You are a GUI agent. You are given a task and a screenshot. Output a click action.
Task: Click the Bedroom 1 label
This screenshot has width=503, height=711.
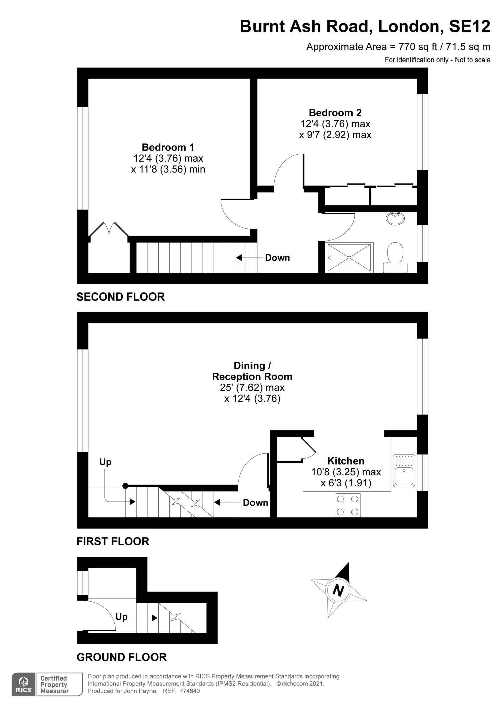(x=168, y=147)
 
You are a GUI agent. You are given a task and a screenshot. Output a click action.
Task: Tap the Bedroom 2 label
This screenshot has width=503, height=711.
(x=335, y=113)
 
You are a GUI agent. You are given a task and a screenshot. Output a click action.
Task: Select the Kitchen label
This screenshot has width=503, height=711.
(x=346, y=461)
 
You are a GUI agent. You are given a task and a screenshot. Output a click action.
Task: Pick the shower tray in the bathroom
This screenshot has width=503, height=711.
(x=349, y=257)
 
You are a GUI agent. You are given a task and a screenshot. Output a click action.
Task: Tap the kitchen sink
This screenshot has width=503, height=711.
(x=404, y=470)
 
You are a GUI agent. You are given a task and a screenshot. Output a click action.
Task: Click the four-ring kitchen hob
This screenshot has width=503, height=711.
(x=348, y=505)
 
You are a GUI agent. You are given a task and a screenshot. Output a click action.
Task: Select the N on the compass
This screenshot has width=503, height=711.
(x=338, y=590)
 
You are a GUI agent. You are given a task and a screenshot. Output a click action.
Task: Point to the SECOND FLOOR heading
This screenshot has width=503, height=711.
(x=120, y=297)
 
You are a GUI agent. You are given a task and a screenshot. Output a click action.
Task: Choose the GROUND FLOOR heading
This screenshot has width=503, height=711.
(x=121, y=657)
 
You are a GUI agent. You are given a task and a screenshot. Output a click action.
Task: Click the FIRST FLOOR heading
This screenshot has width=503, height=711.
(x=113, y=542)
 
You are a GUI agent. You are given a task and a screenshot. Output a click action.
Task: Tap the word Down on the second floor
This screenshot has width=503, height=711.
(x=277, y=258)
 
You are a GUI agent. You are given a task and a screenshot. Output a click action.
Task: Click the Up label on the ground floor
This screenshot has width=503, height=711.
(x=121, y=617)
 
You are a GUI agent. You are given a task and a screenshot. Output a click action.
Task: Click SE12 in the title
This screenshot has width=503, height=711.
(x=470, y=26)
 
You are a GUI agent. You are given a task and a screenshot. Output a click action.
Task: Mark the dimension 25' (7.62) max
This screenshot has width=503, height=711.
(x=252, y=388)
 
